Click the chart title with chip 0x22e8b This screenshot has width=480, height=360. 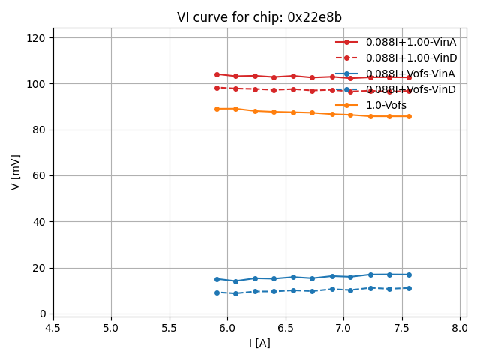(259, 17)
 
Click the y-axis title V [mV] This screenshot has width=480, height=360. (16, 172)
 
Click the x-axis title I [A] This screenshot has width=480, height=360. (259, 343)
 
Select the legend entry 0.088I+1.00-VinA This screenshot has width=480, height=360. (411, 42)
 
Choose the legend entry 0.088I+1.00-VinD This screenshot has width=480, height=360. (411, 58)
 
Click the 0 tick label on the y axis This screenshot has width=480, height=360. (42, 313)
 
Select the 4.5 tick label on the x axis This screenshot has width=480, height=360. (52, 328)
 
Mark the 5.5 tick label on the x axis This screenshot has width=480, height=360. (169, 328)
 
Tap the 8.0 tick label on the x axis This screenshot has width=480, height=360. (460, 328)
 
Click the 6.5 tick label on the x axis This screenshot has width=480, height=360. (285, 328)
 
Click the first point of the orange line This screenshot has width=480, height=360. (217, 109)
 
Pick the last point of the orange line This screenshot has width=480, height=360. (409, 116)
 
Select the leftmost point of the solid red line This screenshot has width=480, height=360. (217, 74)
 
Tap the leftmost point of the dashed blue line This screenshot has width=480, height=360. (217, 292)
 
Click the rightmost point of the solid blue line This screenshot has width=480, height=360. (409, 274)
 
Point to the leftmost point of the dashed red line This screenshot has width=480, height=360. (217, 88)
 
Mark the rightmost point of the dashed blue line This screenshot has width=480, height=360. (409, 288)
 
